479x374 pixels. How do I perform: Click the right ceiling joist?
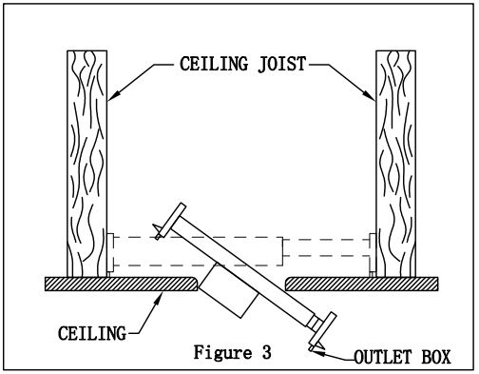(x=393, y=162)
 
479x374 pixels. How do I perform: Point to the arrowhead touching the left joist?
(x=109, y=96)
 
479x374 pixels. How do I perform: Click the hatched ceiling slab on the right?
(x=361, y=284)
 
